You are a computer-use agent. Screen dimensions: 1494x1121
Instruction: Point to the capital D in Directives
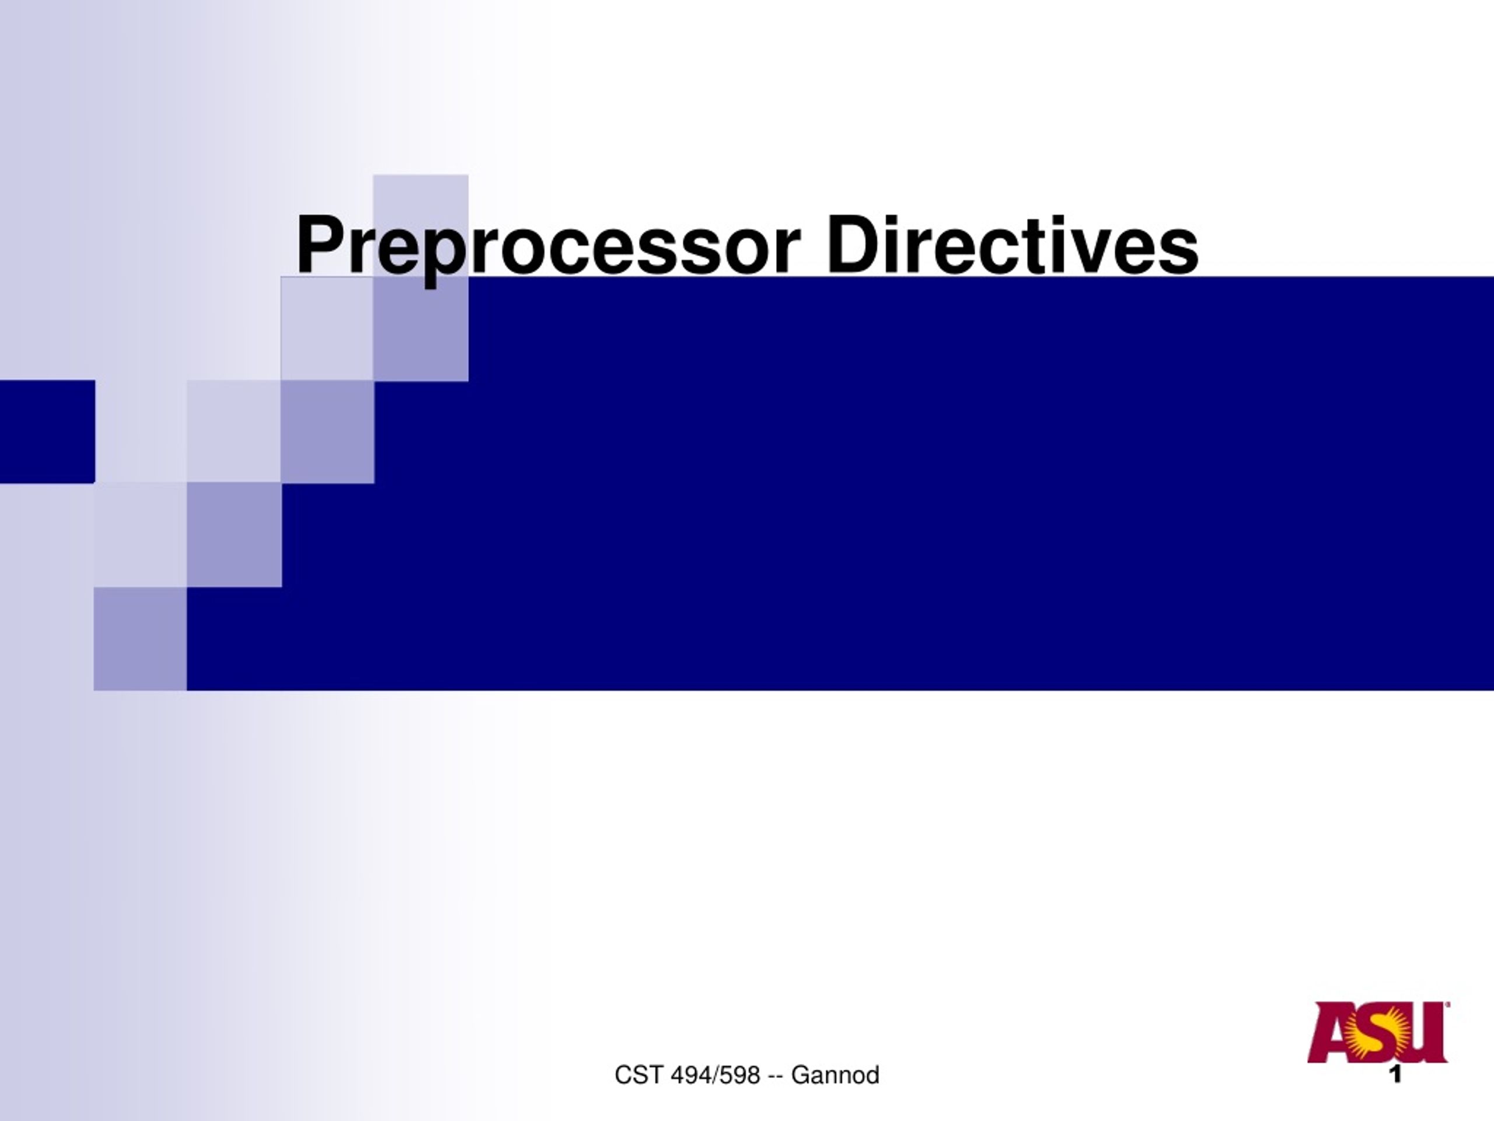(854, 244)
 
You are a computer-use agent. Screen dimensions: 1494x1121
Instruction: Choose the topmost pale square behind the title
(421, 226)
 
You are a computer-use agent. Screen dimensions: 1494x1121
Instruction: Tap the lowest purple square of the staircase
(140, 639)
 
